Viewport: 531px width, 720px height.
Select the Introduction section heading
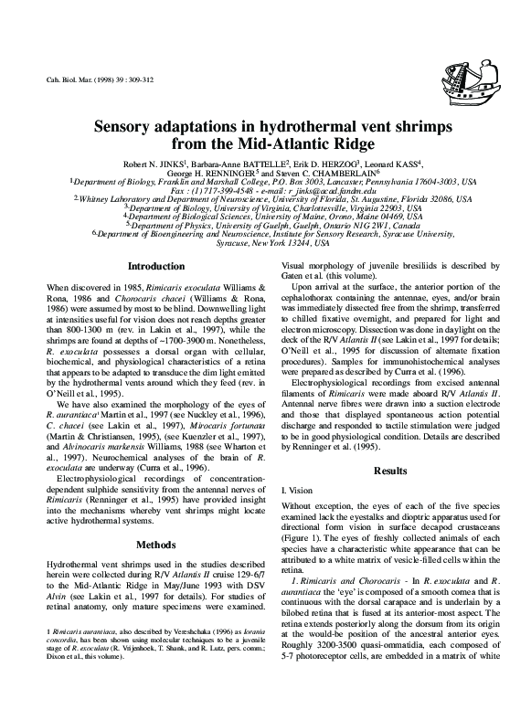click(154, 267)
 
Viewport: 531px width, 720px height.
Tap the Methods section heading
click(154, 518)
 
